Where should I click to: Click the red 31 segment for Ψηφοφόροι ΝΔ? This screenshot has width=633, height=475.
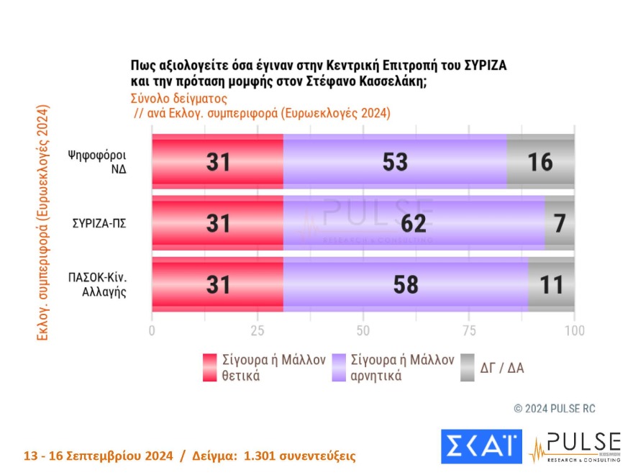[217, 162]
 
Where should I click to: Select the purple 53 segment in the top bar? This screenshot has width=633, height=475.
[395, 162]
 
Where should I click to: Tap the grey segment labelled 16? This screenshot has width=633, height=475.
[540, 162]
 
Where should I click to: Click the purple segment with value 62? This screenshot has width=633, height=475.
[414, 223]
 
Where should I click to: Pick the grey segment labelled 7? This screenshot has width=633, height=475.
[560, 223]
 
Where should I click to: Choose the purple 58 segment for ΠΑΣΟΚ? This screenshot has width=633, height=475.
[406, 284]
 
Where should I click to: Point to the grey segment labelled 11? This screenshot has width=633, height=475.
[551, 284]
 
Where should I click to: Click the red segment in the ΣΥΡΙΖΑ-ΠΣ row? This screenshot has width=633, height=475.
[217, 223]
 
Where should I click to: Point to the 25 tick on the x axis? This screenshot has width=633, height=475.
[258, 330]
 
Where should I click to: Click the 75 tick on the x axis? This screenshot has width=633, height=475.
[468, 330]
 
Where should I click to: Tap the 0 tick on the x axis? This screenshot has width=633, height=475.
[152, 330]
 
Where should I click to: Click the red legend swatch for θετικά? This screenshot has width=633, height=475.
[209, 367]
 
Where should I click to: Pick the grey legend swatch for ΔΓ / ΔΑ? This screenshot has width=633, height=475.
[467, 367]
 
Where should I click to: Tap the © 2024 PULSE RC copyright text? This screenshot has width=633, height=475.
[555, 409]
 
